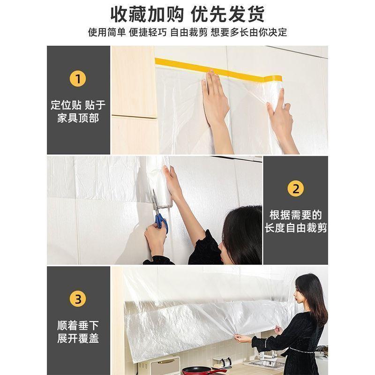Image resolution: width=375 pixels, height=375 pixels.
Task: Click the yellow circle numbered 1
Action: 78,79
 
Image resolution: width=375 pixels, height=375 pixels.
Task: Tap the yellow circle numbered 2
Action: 296,188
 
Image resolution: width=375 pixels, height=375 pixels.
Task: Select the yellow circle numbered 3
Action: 78,299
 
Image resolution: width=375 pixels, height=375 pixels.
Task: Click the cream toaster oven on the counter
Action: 159,366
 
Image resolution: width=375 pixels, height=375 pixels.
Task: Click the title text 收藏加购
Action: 147,15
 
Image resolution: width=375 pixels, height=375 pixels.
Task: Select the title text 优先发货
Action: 227,15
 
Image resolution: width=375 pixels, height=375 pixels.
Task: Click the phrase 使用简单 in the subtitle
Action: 107,32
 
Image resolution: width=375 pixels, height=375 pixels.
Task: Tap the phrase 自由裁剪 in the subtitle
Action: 189,32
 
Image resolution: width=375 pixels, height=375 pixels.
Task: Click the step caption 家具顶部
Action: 78,118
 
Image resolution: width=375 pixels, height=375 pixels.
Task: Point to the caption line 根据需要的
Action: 296,215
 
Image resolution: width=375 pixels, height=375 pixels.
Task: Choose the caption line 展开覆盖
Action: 78,338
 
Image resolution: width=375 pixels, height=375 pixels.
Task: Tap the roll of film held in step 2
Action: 159,182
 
